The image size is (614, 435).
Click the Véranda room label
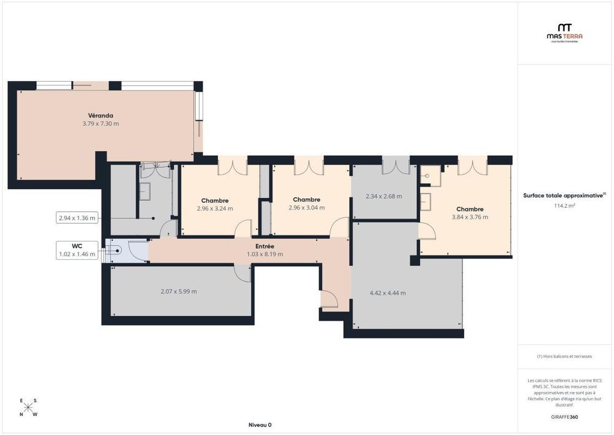[x=100, y=115]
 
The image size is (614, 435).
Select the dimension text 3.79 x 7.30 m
[x=100, y=123]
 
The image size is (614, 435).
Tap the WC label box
[x=77, y=249]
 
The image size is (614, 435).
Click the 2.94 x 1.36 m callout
[x=77, y=217]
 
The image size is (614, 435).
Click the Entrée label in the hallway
[x=265, y=246]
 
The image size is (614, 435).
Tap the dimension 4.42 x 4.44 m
[x=388, y=293]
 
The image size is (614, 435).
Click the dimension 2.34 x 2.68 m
[x=384, y=197]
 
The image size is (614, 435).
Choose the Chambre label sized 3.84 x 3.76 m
[x=470, y=209]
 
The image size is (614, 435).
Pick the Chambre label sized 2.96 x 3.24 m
[x=215, y=200]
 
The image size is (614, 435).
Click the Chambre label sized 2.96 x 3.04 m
[x=306, y=200]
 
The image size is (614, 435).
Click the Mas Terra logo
[x=564, y=32]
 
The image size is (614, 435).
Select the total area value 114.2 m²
[x=564, y=206]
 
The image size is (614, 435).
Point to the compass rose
[x=28, y=407]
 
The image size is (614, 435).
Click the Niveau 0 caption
[x=260, y=425]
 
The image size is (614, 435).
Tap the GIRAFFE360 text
[x=564, y=417]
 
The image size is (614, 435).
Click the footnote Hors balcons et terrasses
[x=564, y=356]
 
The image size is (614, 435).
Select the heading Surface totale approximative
[x=564, y=195]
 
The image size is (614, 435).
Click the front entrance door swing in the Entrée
[x=330, y=300]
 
